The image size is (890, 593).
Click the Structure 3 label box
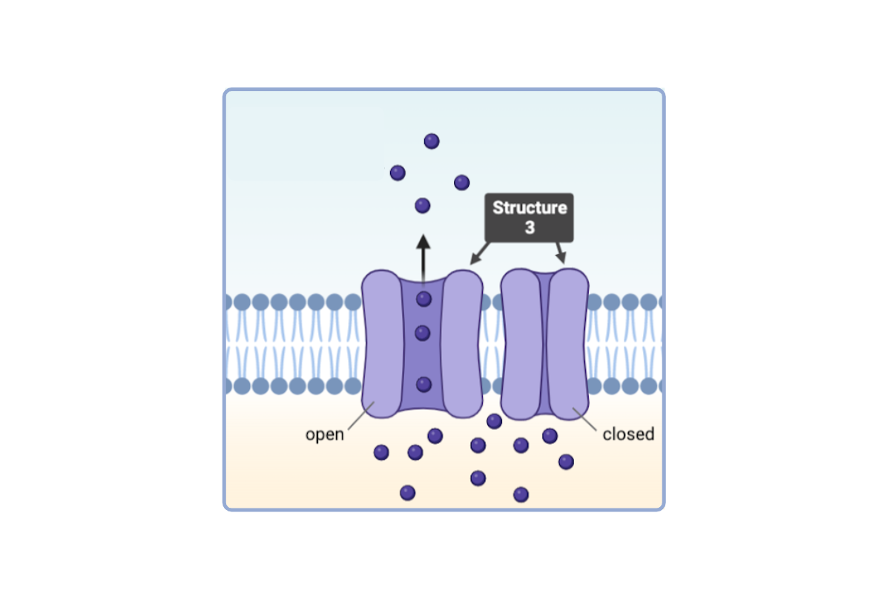point(530,217)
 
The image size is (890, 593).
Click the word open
point(325,434)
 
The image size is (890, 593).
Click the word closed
point(628,434)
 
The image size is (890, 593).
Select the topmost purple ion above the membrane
point(432,141)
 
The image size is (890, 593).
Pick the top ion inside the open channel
point(423,299)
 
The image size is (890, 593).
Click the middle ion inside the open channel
point(423,334)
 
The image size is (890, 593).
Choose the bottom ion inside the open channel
point(423,384)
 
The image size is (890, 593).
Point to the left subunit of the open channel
point(381,341)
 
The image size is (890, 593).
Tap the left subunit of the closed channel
point(521,341)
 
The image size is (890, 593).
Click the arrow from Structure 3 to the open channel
point(479,254)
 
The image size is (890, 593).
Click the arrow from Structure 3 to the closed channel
point(561,253)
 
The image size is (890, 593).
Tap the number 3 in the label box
point(530,228)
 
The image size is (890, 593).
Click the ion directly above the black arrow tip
point(423,205)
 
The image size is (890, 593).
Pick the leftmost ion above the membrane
point(398,173)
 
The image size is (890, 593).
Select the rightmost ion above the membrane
point(461,182)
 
